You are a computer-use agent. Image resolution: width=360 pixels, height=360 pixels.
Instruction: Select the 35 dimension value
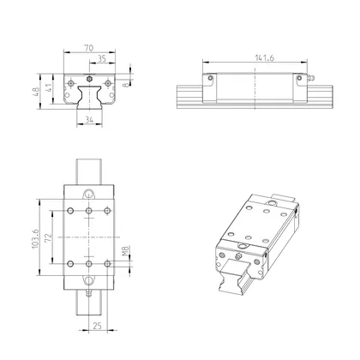pyautogui.click(x=101, y=61)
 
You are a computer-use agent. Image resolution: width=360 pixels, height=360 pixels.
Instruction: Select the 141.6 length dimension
pyautogui.click(x=255, y=59)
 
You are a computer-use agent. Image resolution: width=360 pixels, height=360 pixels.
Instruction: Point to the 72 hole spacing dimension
pyautogui.click(x=50, y=236)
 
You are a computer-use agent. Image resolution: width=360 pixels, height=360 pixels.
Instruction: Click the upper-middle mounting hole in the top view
pyautogui.click(x=87, y=209)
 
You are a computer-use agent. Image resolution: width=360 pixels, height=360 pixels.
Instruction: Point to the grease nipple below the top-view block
pyautogui.click(x=88, y=291)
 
